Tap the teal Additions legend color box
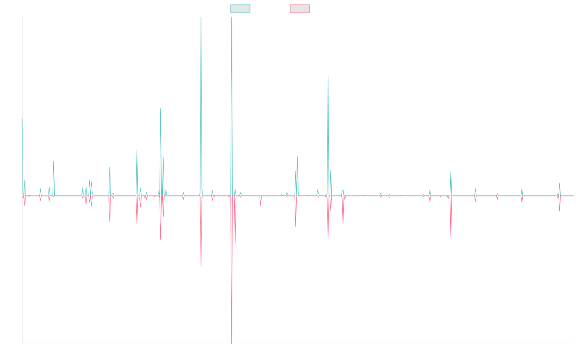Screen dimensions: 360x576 [240, 9]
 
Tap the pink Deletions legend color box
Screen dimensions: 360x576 [300, 9]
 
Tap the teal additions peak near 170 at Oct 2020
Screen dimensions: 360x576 [328, 77]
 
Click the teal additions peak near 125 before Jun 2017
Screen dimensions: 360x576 [161, 109]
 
